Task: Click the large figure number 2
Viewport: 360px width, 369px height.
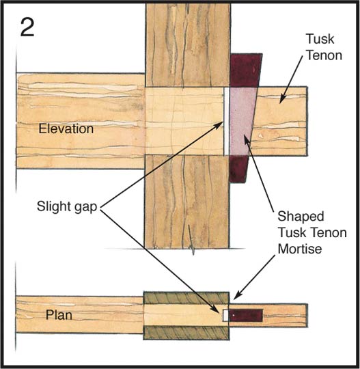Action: tap(27, 27)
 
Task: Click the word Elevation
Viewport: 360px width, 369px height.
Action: tap(66, 128)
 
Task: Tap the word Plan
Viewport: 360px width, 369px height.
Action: tap(59, 315)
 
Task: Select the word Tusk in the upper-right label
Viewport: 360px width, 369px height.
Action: tap(320, 39)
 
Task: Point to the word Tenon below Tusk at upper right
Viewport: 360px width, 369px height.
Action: tap(324, 55)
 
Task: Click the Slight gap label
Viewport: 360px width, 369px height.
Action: tap(67, 207)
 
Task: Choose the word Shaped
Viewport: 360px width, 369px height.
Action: tap(301, 217)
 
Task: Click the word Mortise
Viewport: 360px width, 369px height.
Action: tap(300, 249)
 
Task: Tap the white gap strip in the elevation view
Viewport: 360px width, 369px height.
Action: tap(226, 121)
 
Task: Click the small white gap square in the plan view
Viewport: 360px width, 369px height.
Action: tap(225, 315)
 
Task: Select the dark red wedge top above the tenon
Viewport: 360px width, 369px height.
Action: tap(245, 70)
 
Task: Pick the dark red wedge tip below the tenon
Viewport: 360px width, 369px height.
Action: tap(238, 169)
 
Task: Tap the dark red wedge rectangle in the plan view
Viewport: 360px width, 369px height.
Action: tap(246, 315)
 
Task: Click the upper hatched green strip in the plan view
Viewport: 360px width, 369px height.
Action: tap(186, 298)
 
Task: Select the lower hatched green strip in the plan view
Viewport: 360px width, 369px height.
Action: tap(186, 333)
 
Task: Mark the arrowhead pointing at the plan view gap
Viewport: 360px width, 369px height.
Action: tap(218, 310)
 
